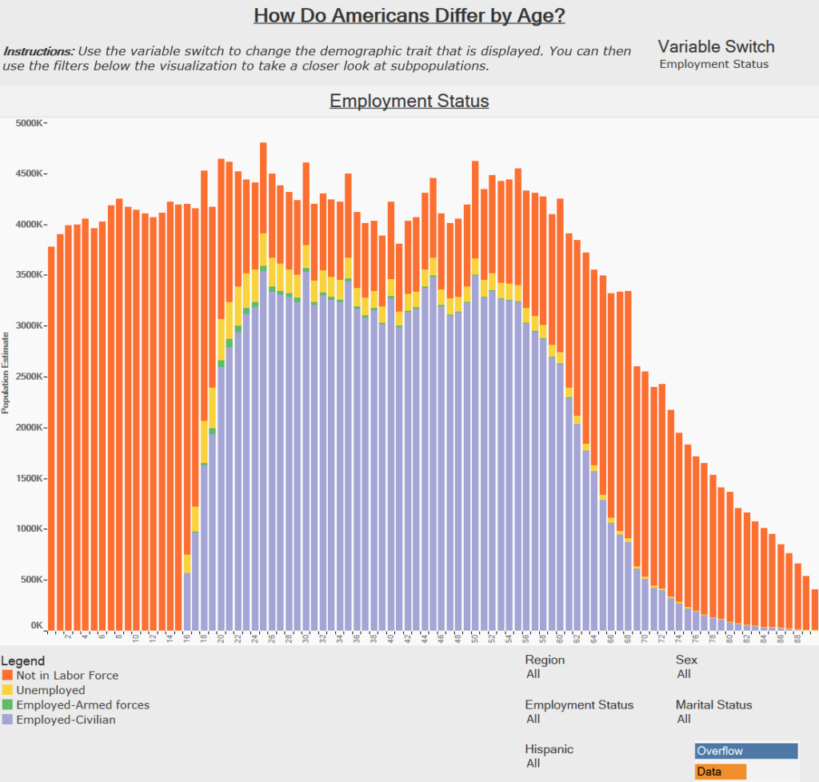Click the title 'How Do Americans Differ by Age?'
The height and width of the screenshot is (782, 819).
(x=409, y=16)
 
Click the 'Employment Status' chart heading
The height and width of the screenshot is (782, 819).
(x=409, y=102)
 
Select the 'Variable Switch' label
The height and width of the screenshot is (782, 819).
(x=716, y=46)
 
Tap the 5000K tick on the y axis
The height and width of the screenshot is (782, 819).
(x=31, y=123)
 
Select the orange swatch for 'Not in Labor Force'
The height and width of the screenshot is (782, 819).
(x=7, y=676)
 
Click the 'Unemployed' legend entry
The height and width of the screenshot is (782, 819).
(x=50, y=690)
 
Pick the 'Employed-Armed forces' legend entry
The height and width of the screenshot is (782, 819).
(x=82, y=705)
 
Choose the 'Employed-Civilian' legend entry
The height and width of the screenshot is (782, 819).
(x=66, y=720)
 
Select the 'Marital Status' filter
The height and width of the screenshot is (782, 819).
(x=713, y=705)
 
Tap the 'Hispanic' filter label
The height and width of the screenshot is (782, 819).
(x=549, y=749)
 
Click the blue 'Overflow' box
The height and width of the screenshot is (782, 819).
(x=746, y=751)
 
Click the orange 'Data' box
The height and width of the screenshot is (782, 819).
(x=721, y=772)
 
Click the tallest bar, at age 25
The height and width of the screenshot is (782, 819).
(x=263, y=320)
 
